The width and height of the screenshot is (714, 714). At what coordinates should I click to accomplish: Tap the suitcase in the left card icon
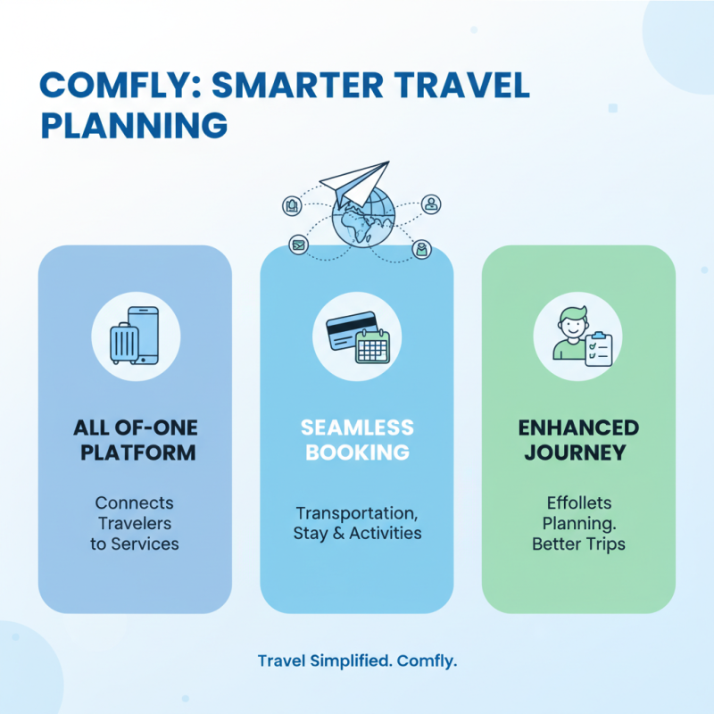[x=124, y=343]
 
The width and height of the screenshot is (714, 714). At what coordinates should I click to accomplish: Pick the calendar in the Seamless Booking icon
[x=373, y=345]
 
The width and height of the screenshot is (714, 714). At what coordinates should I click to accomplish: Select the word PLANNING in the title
[x=135, y=125]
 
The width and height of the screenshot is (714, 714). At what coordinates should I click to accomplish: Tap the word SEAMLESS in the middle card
[x=357, y=427]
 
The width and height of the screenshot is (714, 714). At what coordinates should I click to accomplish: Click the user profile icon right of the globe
[x=432, y=204]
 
